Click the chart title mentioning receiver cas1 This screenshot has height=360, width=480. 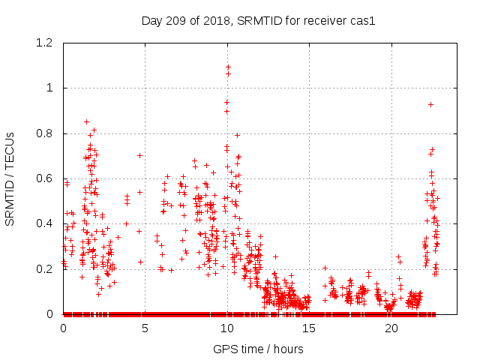[258, 20]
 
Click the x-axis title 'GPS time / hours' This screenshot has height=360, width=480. [258, 349]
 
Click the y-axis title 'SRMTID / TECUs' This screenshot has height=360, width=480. [10, 178]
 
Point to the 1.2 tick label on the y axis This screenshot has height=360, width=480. [46, 43]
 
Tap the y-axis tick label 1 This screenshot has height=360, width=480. [52, 88]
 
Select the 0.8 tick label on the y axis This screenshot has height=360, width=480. [46, 133]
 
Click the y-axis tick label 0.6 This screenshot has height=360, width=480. [46, 178]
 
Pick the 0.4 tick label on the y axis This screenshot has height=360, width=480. [46, 223]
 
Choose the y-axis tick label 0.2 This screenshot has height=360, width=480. [46, 268]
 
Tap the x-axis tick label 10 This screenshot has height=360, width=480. [226, 328]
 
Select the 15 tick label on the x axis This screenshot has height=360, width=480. [308, 328]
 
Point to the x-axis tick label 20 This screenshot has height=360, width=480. [390, 328]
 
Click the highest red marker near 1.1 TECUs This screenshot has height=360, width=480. [228, 67]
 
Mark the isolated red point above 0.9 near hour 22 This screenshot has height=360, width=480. [430, 104]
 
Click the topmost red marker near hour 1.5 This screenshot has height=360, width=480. [87, 121]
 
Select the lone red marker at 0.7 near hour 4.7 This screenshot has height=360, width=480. [139, 155]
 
